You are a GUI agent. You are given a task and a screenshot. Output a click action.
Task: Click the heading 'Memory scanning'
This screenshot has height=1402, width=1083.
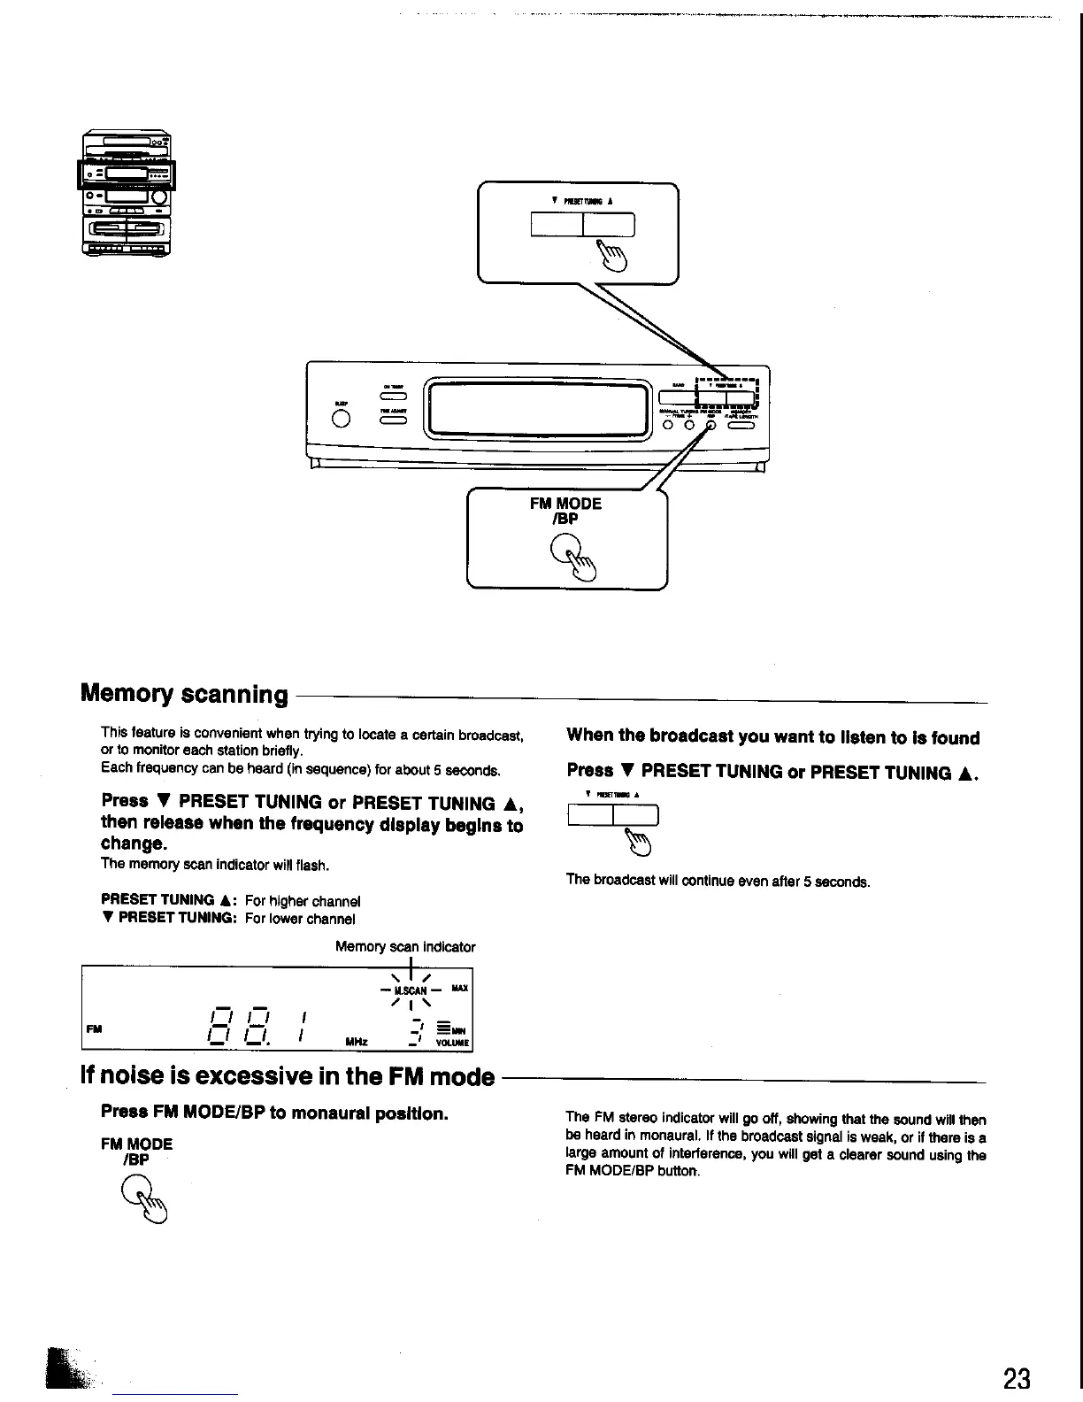[x=184, y=693]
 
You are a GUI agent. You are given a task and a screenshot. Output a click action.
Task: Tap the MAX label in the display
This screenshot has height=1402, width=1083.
[x=459, y=988]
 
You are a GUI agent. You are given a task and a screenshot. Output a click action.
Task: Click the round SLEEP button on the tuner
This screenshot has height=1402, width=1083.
[x=341, y=420]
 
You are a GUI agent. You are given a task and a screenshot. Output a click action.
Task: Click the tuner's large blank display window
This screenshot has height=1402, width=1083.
[x=537, y=409]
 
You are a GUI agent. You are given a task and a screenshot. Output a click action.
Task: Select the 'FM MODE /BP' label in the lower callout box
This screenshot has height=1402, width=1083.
[x=565, y=511]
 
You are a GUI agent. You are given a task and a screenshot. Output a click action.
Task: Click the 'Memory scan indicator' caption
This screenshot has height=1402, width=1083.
[x=405, y=947]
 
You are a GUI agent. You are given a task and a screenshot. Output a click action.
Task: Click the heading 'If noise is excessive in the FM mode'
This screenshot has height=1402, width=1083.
[x=287, y=1076]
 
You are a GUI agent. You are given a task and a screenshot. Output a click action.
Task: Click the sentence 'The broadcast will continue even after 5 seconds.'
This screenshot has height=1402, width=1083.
[x=718, y=882]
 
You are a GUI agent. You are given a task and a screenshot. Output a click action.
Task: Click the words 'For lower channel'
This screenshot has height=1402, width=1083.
[x=300, y=919]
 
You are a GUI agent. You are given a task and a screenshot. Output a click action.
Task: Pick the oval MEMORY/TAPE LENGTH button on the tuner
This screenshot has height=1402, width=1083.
[x=740, y=425]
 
